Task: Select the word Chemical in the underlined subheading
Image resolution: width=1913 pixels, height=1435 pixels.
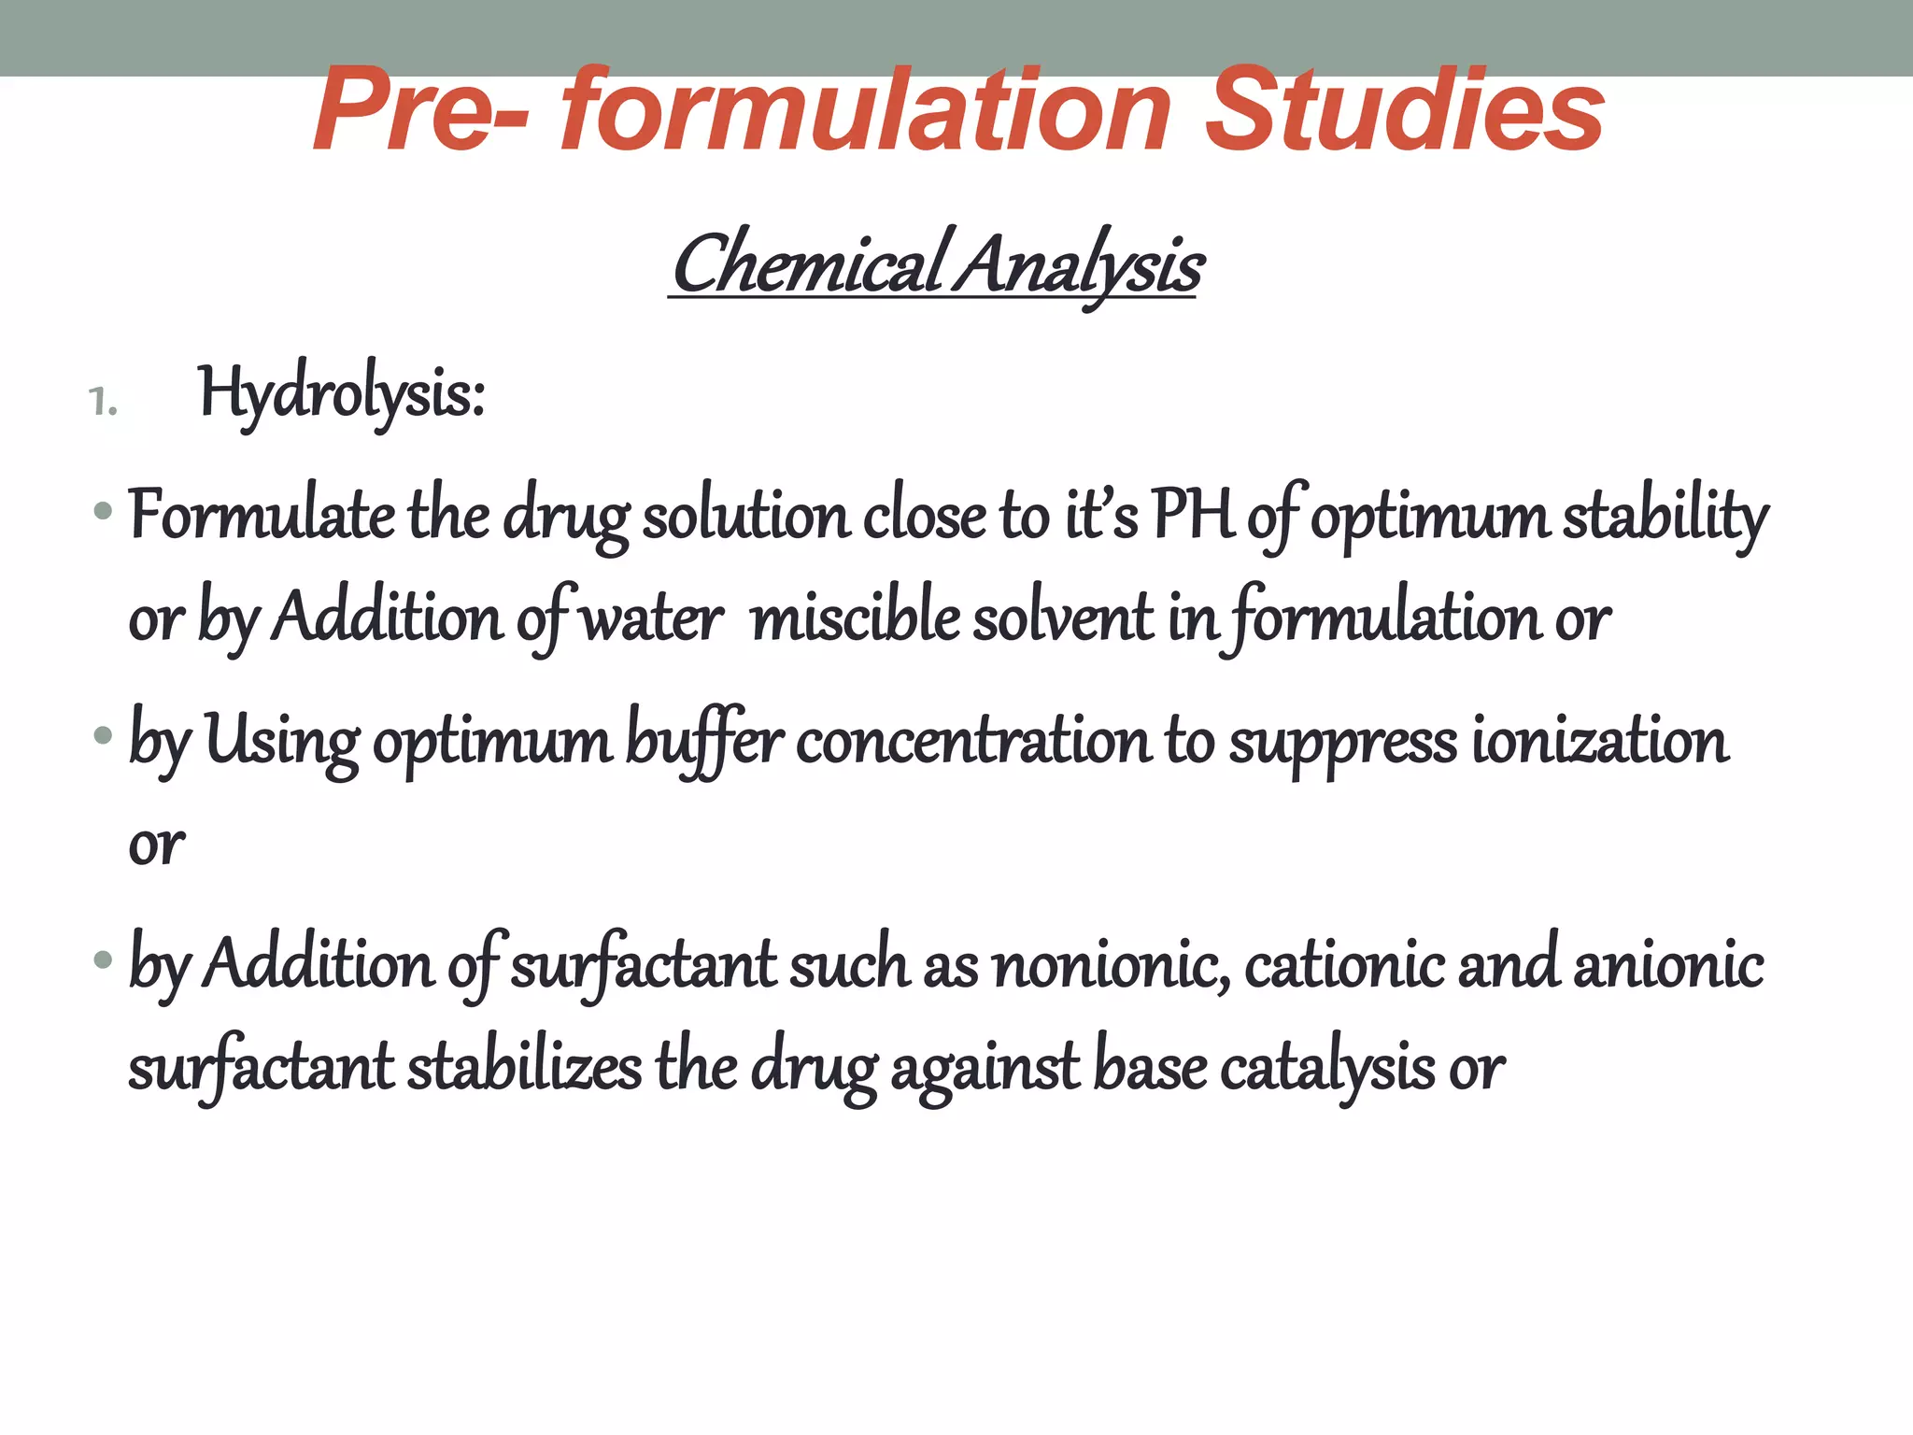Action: click(807, 265)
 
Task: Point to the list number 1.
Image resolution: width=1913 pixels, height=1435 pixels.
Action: click(103, 403)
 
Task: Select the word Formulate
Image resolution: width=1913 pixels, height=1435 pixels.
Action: click(262, 516)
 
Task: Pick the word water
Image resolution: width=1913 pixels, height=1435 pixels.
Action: click(652, 618)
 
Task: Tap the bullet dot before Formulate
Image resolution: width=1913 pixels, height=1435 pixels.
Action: click(103, 511)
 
